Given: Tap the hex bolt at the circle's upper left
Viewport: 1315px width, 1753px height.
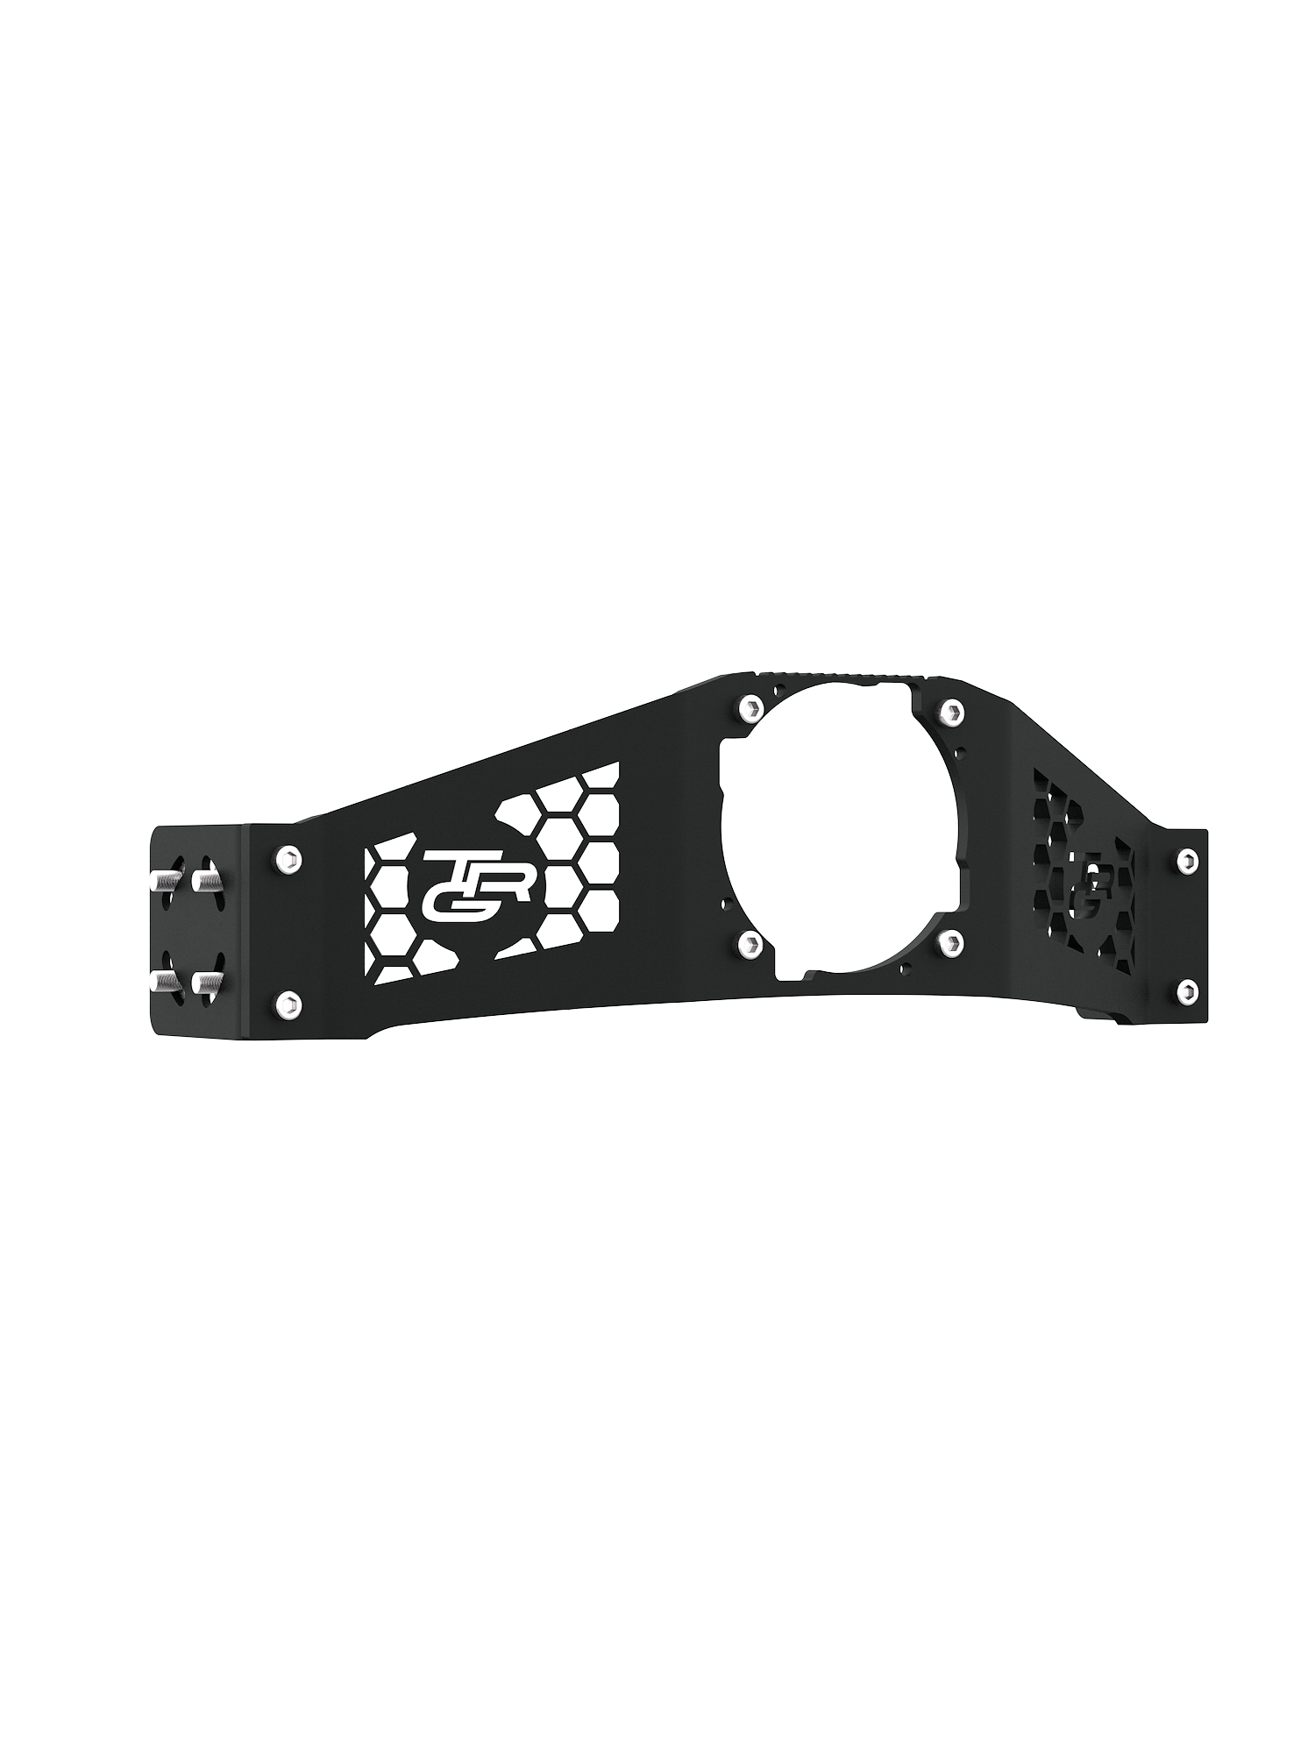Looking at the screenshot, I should pyautogui.click(x=748, y=706).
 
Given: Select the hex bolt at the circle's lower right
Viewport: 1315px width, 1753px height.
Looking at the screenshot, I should pyautogui.click(x=947, y=943).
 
